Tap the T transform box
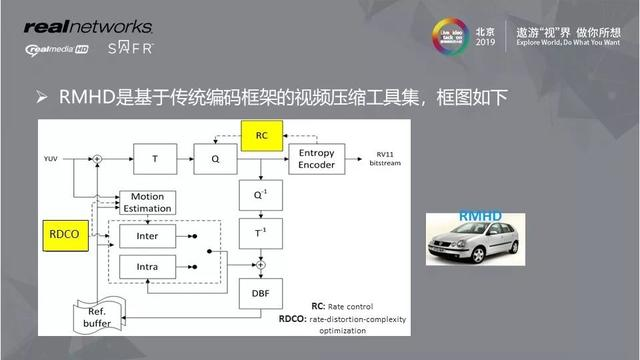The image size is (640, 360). coord(154,158)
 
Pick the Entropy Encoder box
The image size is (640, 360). coord(317,158)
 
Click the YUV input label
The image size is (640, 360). coord(50,158)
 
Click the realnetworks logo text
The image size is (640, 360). coord(87,26)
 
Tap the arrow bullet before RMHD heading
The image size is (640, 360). coord(43,98)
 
